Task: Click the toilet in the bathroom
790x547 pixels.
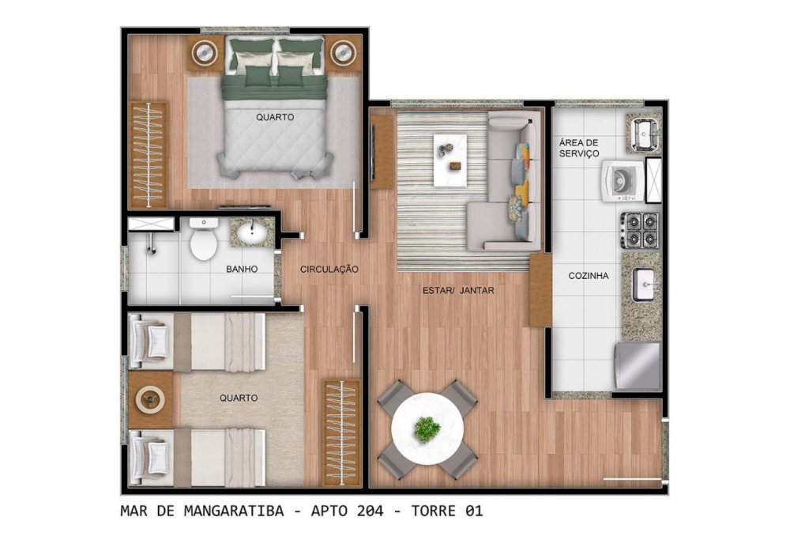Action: click(204, 240)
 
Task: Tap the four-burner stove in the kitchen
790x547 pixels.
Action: click(640, 230)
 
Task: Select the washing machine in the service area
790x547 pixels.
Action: click(623, 180)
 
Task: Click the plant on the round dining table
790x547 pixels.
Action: click(427, 429)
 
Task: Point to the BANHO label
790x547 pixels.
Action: click(242, 270)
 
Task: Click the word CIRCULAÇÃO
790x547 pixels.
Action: click(329, 270)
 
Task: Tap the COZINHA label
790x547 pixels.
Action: click(589, 276)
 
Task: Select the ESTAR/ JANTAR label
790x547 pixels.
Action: click(458, 290)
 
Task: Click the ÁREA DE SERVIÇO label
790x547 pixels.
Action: click(579, 149)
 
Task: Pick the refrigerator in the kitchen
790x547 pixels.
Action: click(638, 366)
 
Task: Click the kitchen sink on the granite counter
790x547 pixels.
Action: click(644, 285)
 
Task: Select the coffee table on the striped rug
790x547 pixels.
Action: click(450, 160)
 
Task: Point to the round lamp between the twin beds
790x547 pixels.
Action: click(150, 400)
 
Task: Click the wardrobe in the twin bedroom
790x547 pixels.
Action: click(341, 432)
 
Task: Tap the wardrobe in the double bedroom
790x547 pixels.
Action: click(149, 155)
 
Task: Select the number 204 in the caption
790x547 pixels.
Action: click(370, 511)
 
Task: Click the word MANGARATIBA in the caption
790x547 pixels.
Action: click(234, 511)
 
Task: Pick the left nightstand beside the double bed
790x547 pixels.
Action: click(205, 52)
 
